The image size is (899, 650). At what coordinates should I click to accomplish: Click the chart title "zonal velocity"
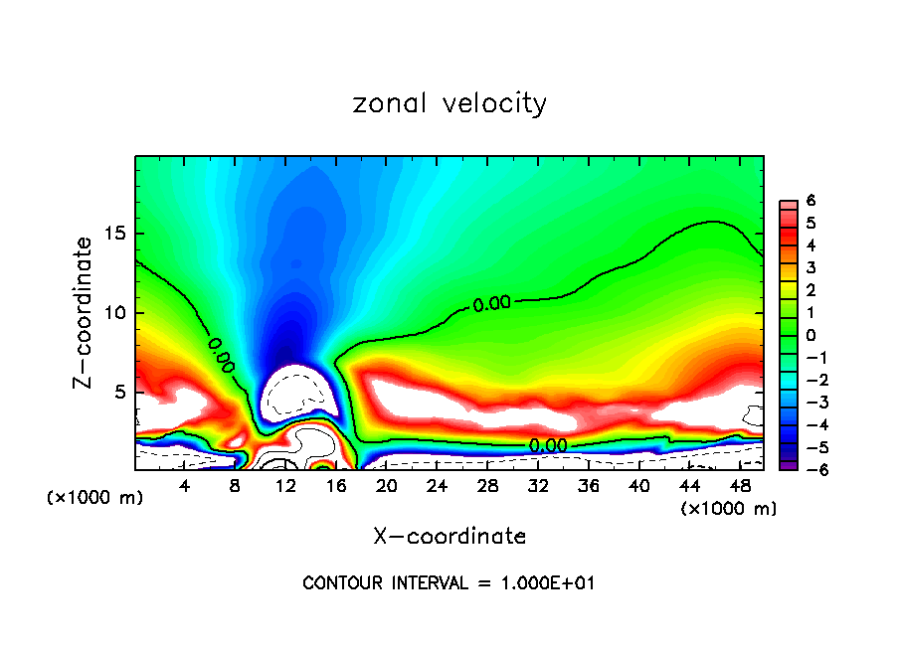tap(449, 103)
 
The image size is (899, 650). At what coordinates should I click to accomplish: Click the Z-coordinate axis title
tap(87, 312)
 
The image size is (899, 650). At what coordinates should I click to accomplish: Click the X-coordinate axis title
tap(449, 537)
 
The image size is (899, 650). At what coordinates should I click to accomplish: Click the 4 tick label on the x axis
tap(185, 486)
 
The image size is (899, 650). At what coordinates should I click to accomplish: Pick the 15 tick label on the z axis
tap(118, 235)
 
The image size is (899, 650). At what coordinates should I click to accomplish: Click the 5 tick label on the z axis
tap(123, 393)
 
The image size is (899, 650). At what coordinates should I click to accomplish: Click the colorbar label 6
tap(810, 201)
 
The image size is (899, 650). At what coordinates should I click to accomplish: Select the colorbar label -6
tap(807, 470)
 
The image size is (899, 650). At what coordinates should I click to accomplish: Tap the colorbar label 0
tap(810, 335)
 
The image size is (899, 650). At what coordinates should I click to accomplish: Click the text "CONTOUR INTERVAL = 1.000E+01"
tap(449, 583)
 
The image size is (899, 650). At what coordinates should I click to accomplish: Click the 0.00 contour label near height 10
tap(492, 304)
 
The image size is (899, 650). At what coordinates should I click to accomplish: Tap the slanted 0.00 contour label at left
tap(222, 356)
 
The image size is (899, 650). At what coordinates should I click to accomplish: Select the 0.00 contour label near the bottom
tap(547, 445)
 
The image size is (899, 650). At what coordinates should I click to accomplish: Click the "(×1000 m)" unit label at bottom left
tap(95, 498)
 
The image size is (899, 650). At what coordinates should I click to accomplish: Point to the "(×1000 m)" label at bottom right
tap(729, 509)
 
